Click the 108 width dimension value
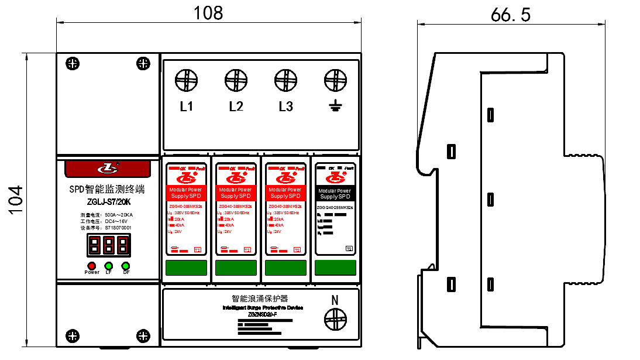point(209,13)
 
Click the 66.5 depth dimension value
point(510,15)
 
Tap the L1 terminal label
point(187,107)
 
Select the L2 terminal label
point(236,107)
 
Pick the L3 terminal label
point(285,107)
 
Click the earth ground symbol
point(335,106)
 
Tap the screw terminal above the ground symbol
point(335,80)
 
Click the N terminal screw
point(335,319)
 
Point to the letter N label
point(335,300)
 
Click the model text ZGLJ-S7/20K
point(109,203)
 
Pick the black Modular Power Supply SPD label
point(335,193)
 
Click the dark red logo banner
point(108,169)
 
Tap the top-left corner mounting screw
point(73,63)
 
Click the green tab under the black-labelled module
point(335,268)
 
